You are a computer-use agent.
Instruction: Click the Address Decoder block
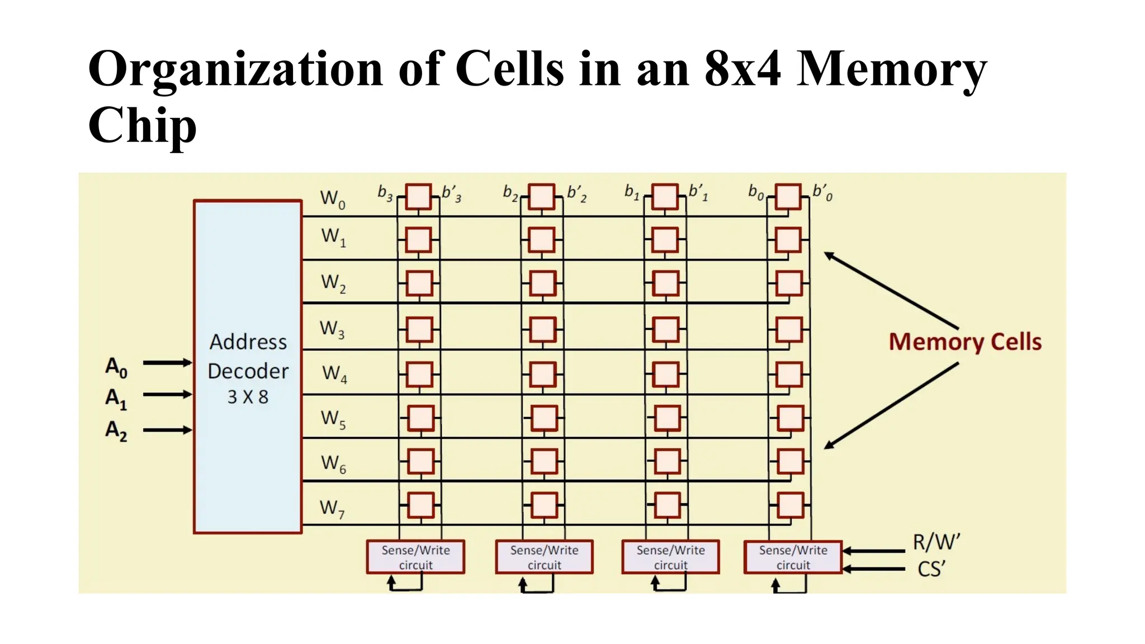click(248, 367)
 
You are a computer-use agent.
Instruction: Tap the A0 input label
click(116, 367)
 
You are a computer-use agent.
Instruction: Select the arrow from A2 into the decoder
click(167, 430)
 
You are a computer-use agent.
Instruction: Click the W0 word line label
click(333, 199)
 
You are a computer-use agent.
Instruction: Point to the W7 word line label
click(332, 509)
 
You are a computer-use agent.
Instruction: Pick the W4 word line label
click(334, 373)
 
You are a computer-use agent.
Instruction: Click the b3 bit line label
click(385, 193)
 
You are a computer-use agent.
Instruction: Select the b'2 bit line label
click(576, 193)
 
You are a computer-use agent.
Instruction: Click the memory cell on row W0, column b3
click(418, 197)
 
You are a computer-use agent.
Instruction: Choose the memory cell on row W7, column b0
click(791, 505)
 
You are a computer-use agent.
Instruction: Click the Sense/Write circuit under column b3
click(415, 557)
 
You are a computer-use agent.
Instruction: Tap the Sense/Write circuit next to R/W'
click(793, 557)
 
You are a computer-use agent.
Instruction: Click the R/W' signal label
click(936, 542)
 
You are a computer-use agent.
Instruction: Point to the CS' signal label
click(931, 569)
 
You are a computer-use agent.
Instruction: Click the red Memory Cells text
click(965, 342)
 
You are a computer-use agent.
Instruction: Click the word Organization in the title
click(235, 69)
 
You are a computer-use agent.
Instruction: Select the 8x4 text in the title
click(742, 69)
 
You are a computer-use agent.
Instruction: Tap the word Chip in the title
click(143, 125)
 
